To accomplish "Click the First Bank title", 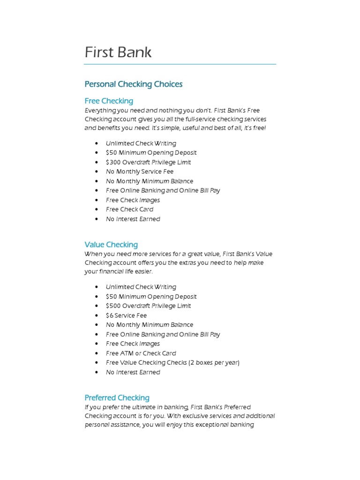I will coord(118,52).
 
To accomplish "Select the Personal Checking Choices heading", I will coord(133,84).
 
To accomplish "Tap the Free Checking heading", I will coord(109,101).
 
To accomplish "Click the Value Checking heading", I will coord(111,245).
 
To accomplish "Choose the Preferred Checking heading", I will coord(117,397).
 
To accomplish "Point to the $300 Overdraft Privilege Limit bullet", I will coord(148,162).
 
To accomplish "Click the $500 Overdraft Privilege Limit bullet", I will coord(148,306).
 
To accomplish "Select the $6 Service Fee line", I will coord(126,315).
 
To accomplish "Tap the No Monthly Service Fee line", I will coord(139,172).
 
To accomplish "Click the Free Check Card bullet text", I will coord(129,210).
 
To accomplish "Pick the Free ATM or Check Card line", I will coord(141,353).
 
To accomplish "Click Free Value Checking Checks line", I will coord(172,363).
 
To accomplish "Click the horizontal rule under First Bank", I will coord(180,64).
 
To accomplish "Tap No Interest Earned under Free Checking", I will coord(133,219).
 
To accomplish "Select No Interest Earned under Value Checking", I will coord(133,372).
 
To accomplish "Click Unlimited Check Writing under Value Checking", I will coord(141,287).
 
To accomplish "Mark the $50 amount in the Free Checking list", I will coord(111,153).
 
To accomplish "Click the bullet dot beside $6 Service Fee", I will coord(96,315).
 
